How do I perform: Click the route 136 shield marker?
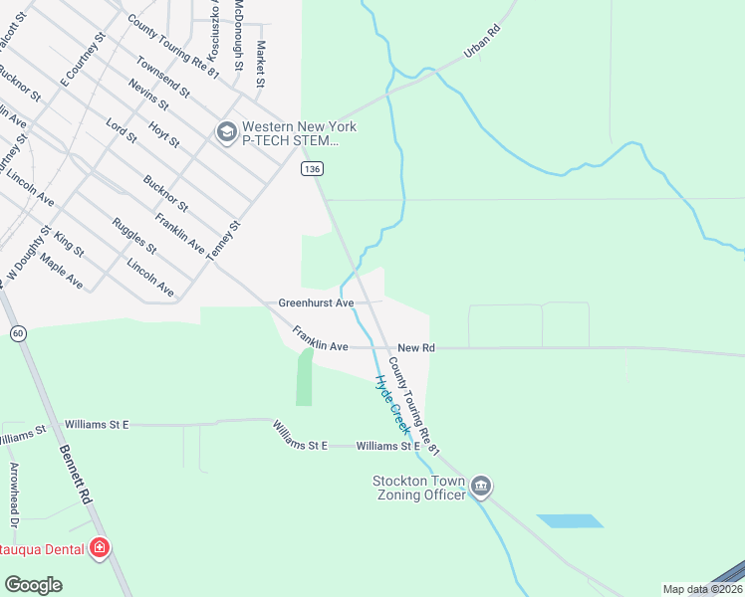pos(312,170)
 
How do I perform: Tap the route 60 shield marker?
pos(18,333)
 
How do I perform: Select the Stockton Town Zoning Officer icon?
pos(481,486)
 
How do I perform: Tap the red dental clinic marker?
pos(100,547)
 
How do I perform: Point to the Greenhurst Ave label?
pos(316,301)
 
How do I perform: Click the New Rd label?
pos(416,348)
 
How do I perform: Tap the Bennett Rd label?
pos(75,475)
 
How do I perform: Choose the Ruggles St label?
pos(133,235)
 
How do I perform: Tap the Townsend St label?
pos(163,77)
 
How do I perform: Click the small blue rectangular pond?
pos(570,520)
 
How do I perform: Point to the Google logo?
pos(33,585)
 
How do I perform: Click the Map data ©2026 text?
pos(701,589)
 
